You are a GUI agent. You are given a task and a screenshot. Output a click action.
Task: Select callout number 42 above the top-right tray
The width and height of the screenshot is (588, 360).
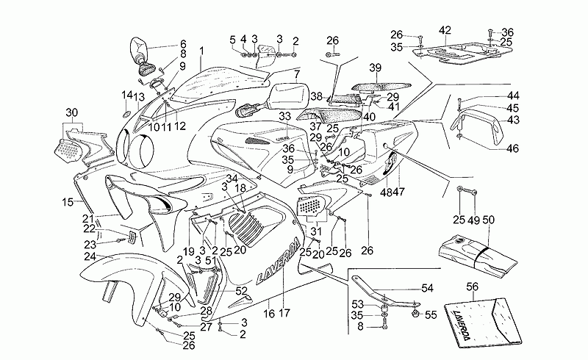click(445, 30)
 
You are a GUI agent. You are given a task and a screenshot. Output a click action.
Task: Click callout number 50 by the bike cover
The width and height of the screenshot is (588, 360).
click(490, 220)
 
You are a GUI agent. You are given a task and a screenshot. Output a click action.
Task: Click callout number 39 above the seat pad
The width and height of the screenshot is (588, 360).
click(375, 68)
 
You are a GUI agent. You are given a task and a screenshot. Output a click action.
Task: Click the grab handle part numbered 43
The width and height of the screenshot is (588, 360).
click(477, 126)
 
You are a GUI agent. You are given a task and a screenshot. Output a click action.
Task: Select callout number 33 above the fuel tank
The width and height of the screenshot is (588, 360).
click(285, 117)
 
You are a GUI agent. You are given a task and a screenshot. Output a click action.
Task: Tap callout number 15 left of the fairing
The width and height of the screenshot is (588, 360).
click(66, 201)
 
